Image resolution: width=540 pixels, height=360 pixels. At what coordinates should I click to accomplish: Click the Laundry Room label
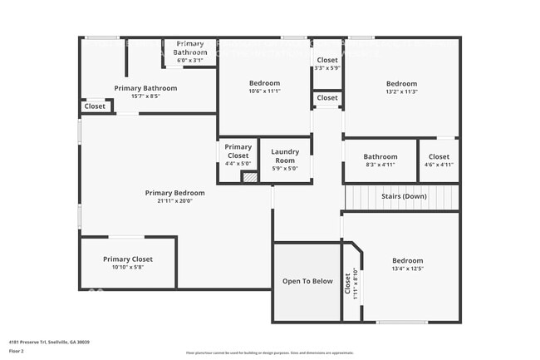coord(284,156)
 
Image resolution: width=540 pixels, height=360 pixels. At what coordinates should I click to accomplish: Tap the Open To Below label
coord(307,281)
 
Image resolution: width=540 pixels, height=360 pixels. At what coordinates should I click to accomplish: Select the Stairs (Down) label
coord(404,196)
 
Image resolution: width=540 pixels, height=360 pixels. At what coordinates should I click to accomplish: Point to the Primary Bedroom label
coord(174,193)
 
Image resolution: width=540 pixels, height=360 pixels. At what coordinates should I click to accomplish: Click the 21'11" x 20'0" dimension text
coord(174,201)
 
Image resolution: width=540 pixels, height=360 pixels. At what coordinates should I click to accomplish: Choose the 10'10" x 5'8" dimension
coord(128,268)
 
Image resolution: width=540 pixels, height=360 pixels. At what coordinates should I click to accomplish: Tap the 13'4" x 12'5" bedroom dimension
coord(407,269)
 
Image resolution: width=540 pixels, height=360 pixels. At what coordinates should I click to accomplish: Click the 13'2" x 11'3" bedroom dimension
coord(401,92)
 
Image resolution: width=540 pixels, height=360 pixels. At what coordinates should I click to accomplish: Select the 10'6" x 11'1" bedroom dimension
coord(265,92)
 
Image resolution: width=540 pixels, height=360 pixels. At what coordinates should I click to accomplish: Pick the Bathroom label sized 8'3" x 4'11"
coord(380,156)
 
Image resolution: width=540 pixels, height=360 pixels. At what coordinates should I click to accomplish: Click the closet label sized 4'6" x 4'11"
coord(439,156)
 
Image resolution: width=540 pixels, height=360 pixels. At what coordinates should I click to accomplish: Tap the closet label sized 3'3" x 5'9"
coord(327,60)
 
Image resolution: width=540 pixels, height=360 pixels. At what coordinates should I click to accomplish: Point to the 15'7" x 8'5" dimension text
coord(145,96)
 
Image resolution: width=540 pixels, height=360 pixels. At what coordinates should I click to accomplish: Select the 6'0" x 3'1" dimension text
coord(190,60)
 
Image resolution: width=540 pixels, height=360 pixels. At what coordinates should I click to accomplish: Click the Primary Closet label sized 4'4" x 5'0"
coord(238,151)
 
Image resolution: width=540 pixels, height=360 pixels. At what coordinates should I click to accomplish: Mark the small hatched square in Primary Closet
coord(249,176)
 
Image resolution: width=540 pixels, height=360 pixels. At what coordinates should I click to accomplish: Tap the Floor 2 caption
coord(17,351)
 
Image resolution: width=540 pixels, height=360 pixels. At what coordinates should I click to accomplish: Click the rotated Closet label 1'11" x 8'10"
coord(349,284)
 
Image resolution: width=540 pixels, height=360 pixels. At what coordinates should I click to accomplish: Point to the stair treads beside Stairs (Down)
coord(362,197)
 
